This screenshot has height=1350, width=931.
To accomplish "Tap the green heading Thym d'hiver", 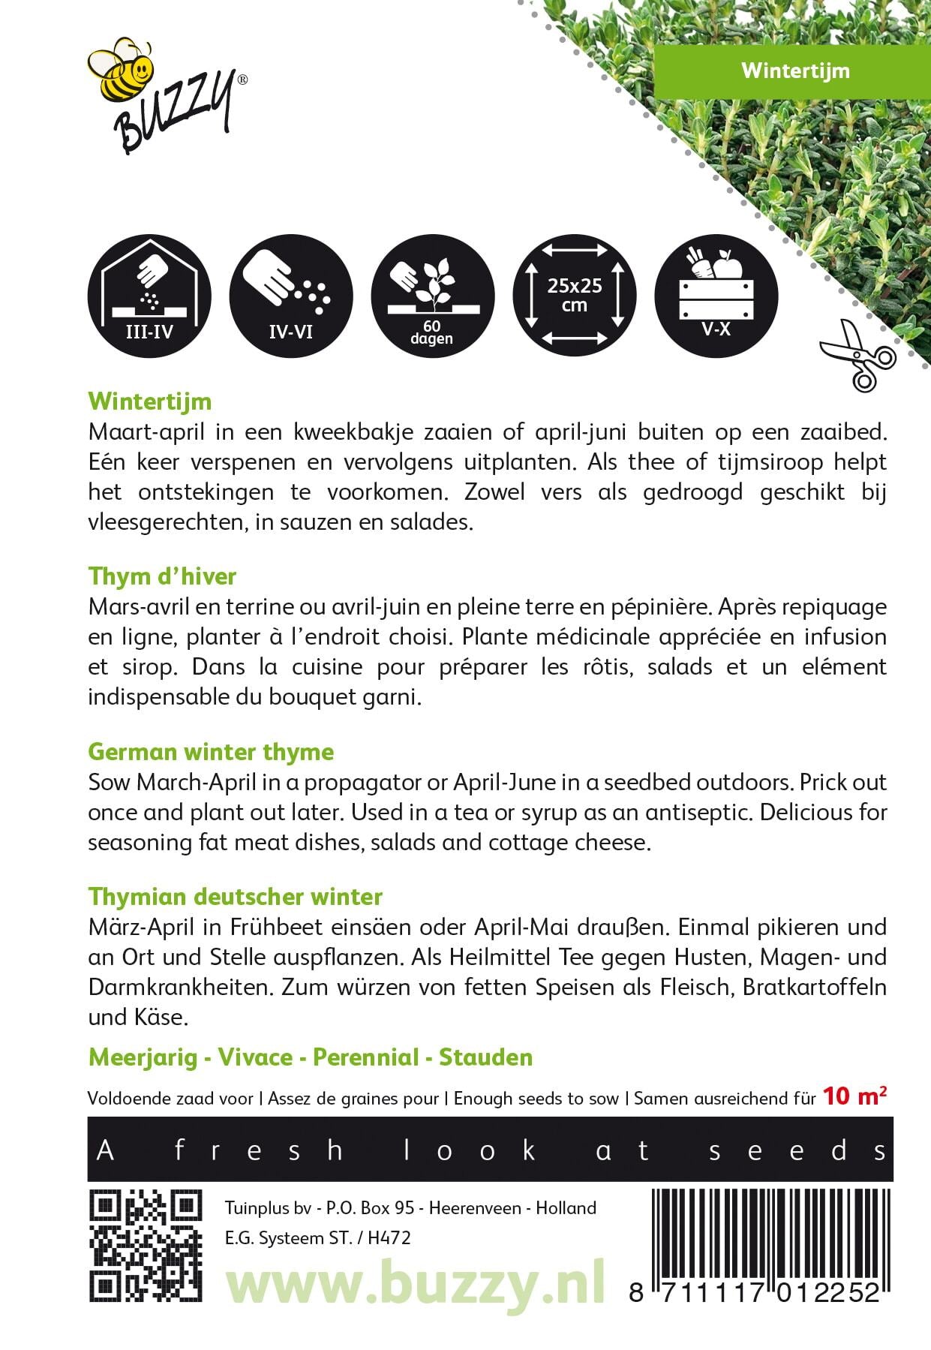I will (x=162, y=576).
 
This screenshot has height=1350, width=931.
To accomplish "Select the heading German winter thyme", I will (x=211, y=752).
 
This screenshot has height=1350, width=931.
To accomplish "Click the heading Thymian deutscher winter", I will (x=235, y=897).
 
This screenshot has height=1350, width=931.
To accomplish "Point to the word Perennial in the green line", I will (x=365, y=1057).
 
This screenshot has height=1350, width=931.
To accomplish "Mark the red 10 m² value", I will (x=854, y=1096).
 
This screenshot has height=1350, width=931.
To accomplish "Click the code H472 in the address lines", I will (x=389, y=1238).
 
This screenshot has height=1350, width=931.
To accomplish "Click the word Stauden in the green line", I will (x=485, y=1057).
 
